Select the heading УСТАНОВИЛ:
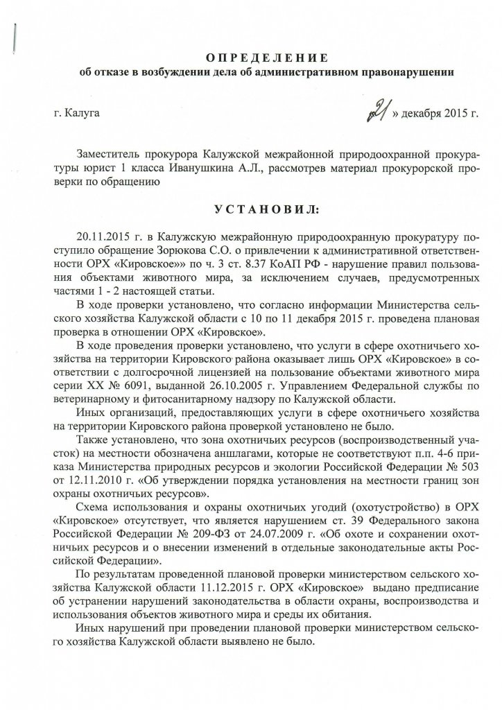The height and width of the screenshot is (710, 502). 251,209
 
